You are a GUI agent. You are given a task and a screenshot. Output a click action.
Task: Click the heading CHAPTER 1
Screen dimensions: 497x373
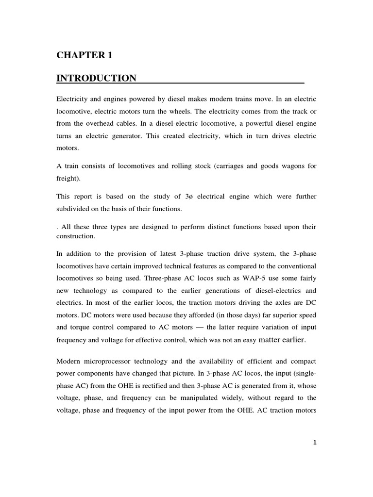(x=85, y=55)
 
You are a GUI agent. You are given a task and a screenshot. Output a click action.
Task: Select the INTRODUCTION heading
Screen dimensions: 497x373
(x=97, y=78)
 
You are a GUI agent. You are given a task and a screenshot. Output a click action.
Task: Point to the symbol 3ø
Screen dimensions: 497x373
(x=191, y=197)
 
